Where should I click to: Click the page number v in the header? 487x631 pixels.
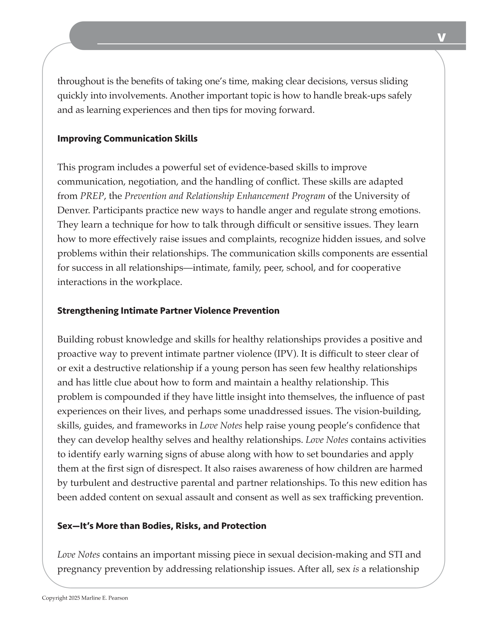[441, 37]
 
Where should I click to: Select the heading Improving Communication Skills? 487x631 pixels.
[127, 139]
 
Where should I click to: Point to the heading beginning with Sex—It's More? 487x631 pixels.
[162, 526]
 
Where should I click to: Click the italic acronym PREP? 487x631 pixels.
[92, 196]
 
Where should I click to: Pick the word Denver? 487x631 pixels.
[73, 210]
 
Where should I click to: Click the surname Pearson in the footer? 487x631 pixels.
[118, 598]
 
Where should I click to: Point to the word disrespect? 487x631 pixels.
[179, 468]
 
